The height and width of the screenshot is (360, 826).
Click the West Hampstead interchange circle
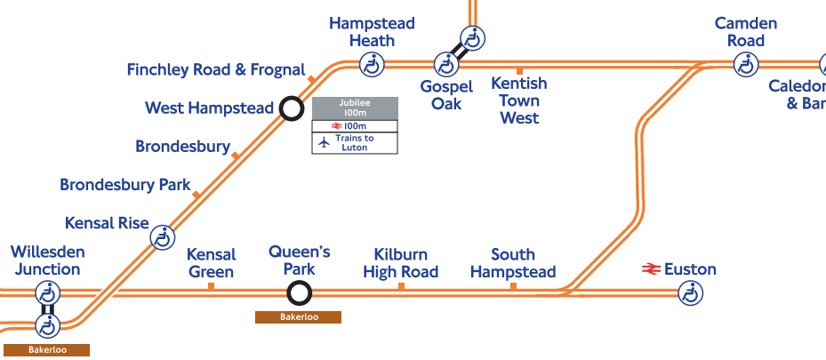point(290,108)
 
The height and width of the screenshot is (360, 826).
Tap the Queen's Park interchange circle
point(299,292)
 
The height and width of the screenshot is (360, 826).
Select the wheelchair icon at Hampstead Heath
point(371,64)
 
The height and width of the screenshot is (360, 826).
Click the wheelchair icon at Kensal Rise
point(162,237)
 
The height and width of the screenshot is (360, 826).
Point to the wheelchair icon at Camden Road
point(745,64)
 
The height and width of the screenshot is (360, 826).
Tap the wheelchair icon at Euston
point(690,292)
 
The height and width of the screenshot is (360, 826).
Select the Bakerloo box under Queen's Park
point(298,317)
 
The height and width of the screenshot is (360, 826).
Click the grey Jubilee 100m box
point(354,108)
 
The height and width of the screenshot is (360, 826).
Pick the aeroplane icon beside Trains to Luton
point(324,141)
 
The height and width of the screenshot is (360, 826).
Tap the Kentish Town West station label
point(519,100)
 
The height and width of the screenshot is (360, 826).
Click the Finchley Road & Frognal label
point(216,69)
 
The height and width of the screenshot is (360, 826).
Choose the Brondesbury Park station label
point(125,185)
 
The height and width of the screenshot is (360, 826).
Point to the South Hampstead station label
point(513,263)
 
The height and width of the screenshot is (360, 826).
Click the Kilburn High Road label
point(400,263)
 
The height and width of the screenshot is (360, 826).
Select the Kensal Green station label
point(211,263)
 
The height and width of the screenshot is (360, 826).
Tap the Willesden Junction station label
point(46,260)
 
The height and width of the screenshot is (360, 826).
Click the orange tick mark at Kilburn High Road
point(401,285)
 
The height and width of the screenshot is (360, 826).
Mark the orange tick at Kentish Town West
point(519,69)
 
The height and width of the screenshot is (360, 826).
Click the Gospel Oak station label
point(446,95)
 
